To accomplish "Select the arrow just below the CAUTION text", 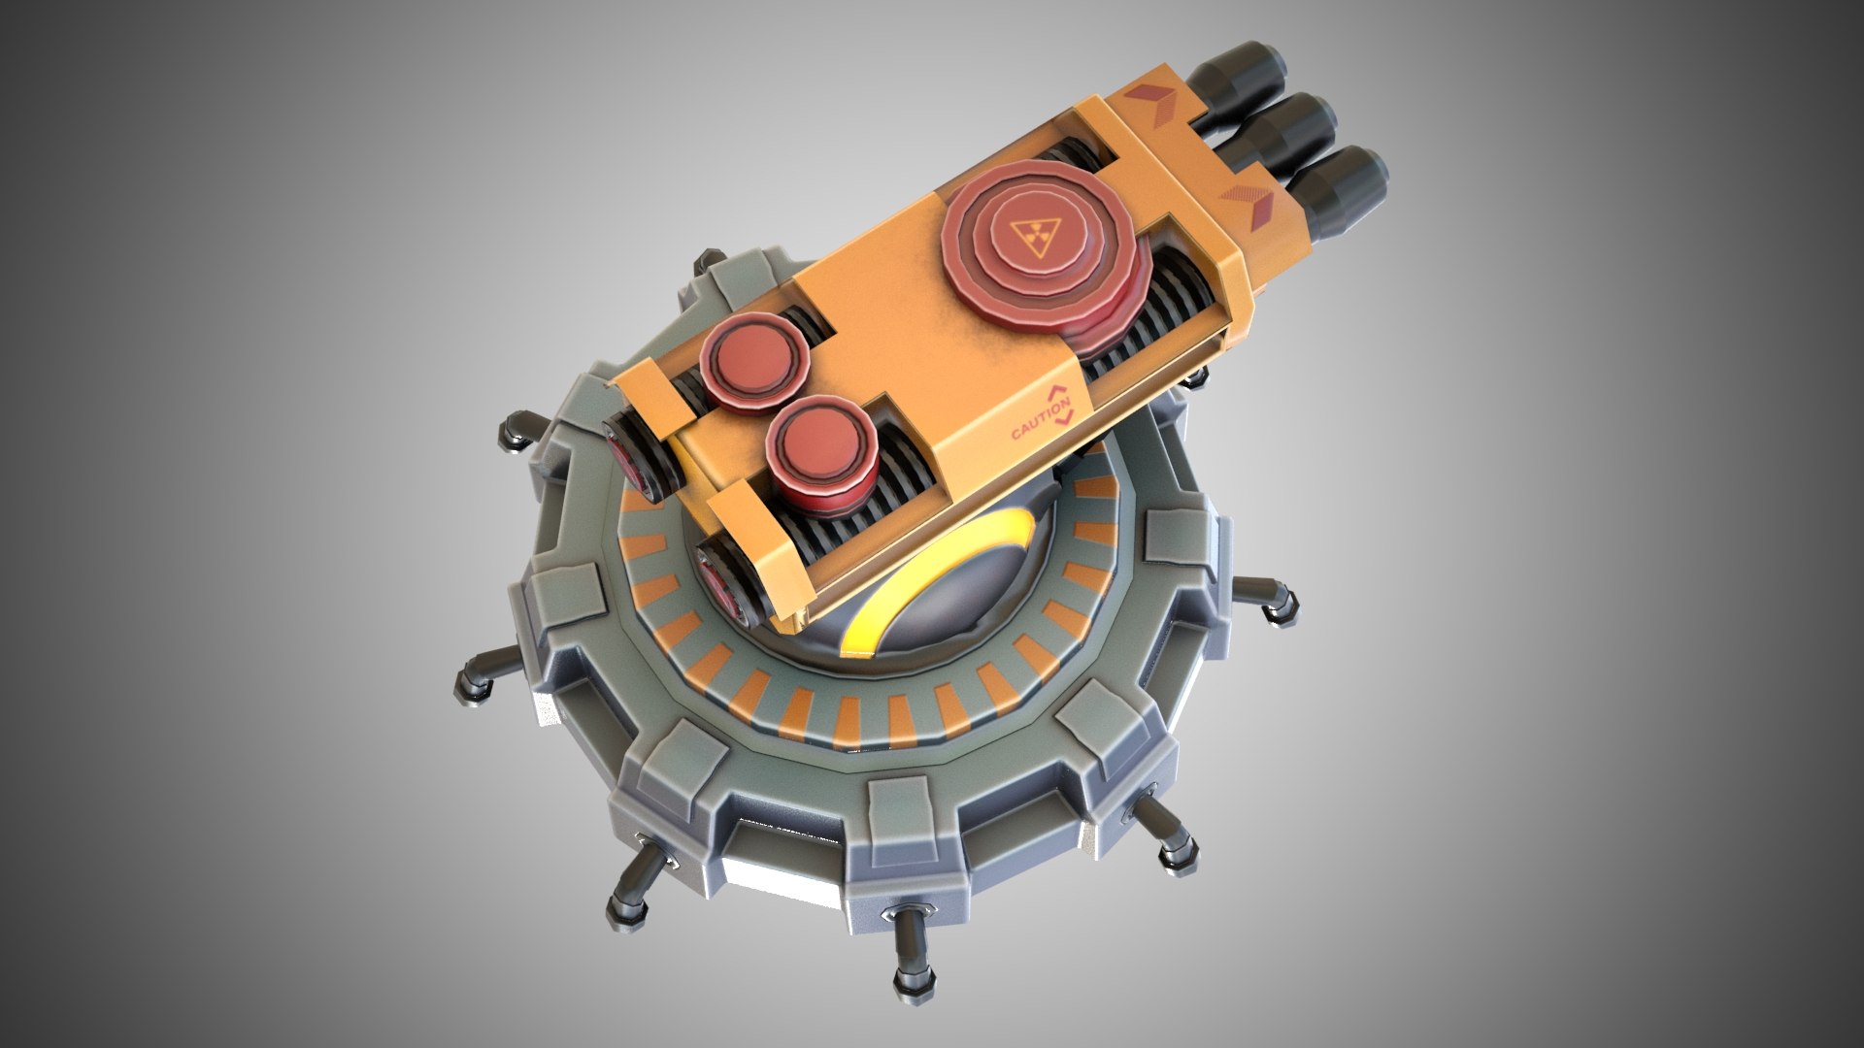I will (x=1065, y=418).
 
